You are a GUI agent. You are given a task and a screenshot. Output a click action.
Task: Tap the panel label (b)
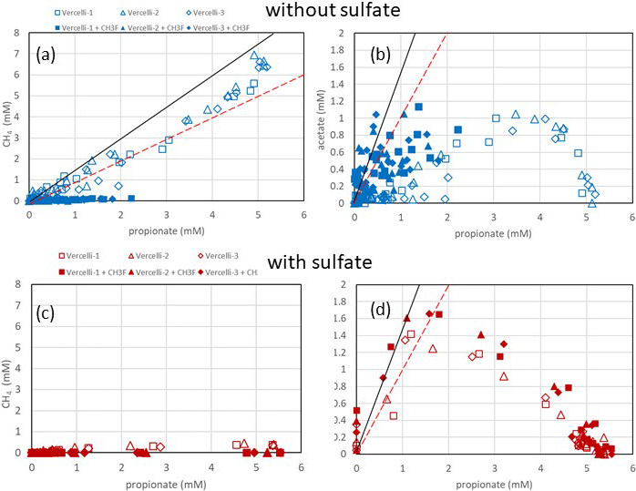(380, 54)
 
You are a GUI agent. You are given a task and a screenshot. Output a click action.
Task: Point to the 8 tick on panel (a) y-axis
(17, 33)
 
